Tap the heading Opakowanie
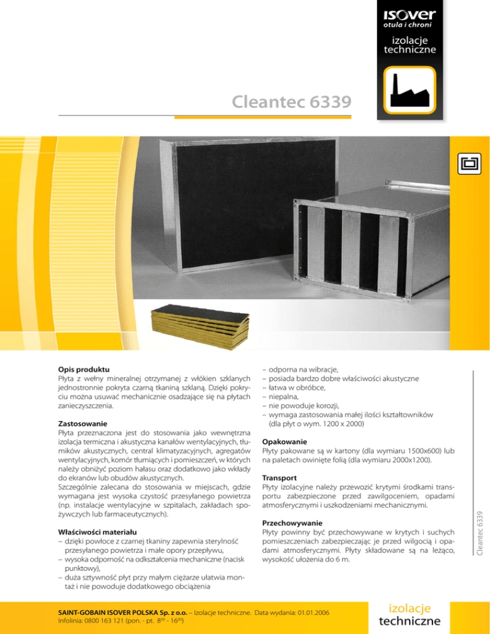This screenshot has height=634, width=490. [x=285, y=441]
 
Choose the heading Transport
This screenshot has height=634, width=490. [x=281, y=476]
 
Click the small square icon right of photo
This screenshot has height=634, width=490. [x=470, y=163]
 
